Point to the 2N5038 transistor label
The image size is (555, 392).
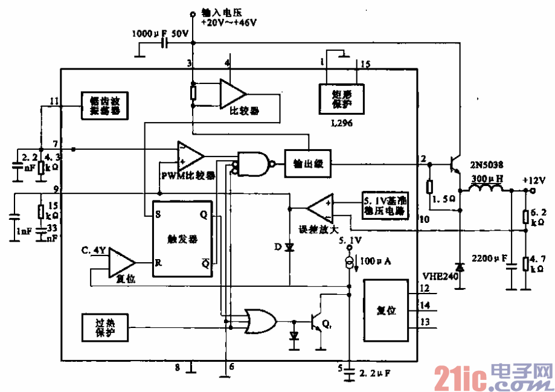[x=487, y=164]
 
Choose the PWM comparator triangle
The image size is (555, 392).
[x=190, y=156]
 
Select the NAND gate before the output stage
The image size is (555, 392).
[x=254, y=163]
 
